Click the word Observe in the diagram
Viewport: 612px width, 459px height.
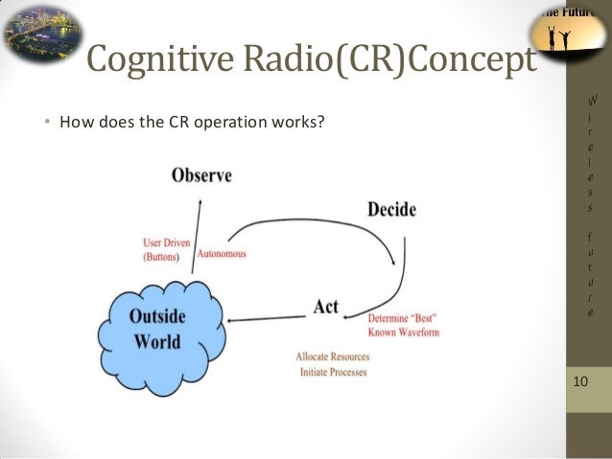202,175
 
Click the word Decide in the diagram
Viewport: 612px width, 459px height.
391,208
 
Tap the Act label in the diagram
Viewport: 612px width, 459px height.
325,307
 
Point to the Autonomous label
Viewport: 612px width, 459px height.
222,254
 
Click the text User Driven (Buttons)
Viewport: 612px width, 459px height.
166,251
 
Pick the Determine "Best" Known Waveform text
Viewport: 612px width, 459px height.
403,325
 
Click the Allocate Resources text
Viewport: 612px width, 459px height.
333,357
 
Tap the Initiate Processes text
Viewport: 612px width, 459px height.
333,372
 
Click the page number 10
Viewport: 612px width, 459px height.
579,383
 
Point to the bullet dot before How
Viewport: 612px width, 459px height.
47,123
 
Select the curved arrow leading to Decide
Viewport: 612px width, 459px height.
317,223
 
